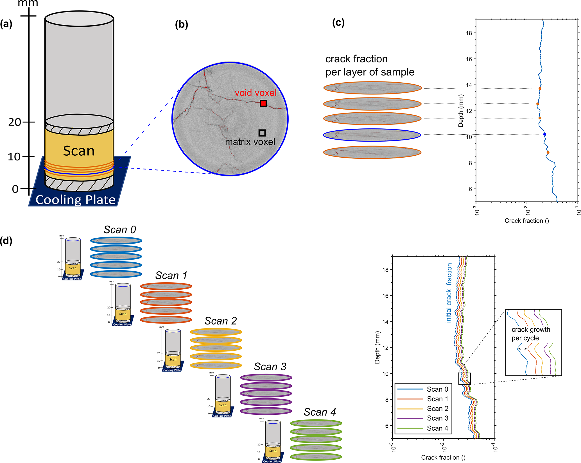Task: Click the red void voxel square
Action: point(263,103)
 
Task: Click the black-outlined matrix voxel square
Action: point(262,133)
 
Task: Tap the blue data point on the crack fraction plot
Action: point(544,134)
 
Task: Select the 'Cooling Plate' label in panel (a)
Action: point(76,200)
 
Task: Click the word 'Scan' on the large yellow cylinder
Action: point(79,151)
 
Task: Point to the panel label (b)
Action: point(181,24)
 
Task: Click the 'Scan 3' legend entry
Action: point(437,418)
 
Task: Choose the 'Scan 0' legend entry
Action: point(437,389)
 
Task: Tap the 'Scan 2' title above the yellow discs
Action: point(221,321)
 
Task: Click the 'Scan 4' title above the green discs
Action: point(320,412)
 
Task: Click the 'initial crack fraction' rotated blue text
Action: point(449,292)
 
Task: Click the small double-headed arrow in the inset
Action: point(523,349)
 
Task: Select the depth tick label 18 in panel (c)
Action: point(469,33)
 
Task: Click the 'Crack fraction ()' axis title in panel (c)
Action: point(526,221)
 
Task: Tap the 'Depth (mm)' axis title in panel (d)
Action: point(377,347)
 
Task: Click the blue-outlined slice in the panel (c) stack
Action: point(372,135)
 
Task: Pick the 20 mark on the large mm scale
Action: point(15,122)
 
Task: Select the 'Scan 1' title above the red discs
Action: point(171,275)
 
